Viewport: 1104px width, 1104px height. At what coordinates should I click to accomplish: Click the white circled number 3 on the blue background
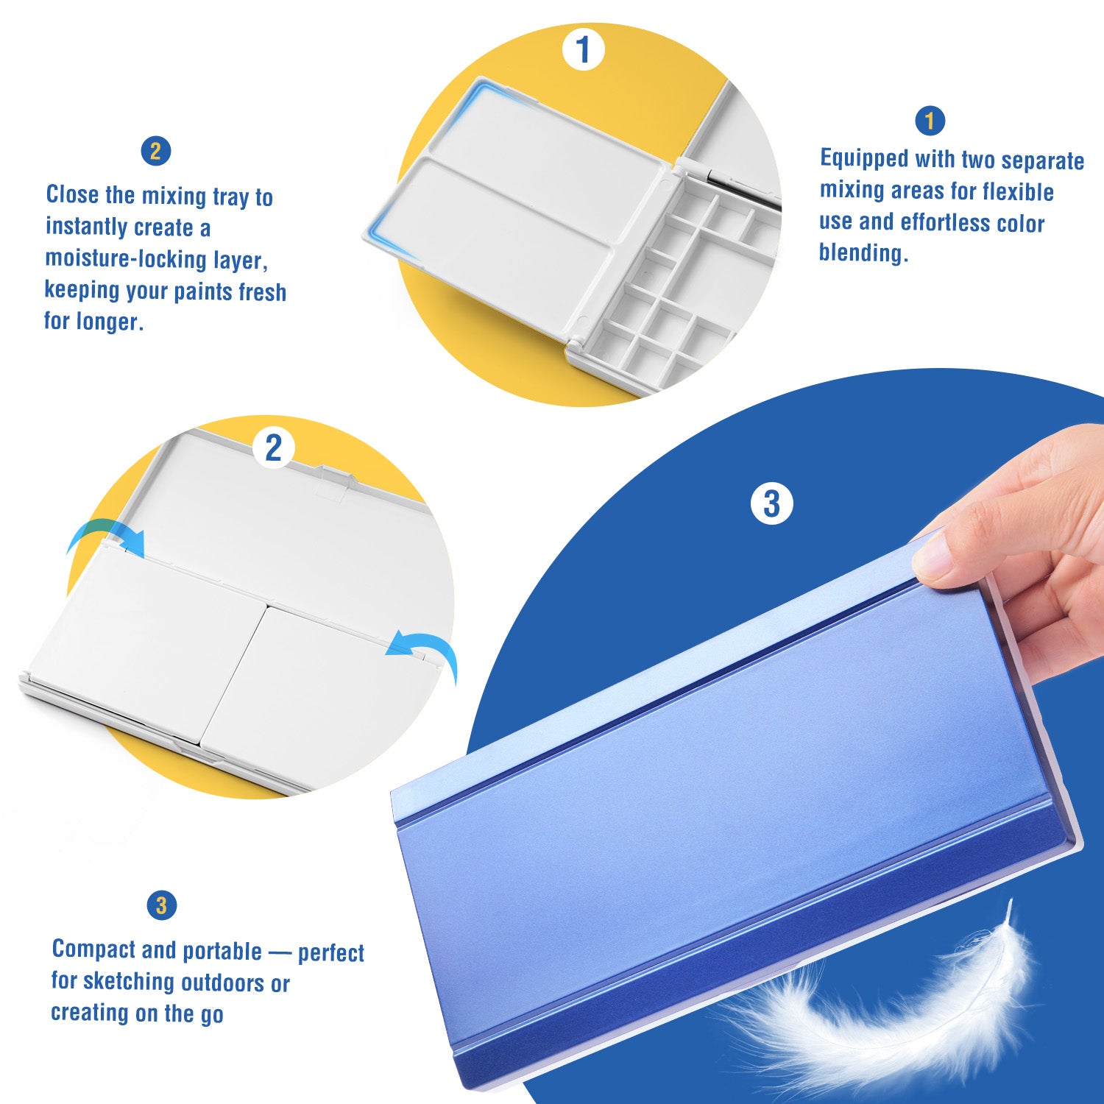pyautogui.click(x=771, y=504)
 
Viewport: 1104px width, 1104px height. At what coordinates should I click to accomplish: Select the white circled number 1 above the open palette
pyautogui.click(x=583, y=49)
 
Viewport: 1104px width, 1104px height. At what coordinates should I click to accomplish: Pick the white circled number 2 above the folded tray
pyautogui.click(x=273, y=447)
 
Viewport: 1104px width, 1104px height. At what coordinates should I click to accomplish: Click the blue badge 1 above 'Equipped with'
pyautogui.click(x=930, y=121)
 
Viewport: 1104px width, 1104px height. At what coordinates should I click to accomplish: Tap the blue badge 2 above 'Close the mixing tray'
pyautogui.click(x=155, y=152)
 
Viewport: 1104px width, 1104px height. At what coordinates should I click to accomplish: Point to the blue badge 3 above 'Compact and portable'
pyautogui.click(x=162, y=905)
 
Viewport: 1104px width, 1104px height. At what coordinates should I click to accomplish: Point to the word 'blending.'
pyautogui.click(x=863, y=252)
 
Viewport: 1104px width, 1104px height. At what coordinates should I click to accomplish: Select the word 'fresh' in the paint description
pyautogui.click(x=262, y=292)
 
